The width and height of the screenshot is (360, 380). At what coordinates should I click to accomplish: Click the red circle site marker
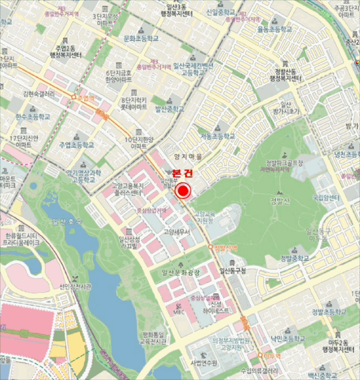(184, 191)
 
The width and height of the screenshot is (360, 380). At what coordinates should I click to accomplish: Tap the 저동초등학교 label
(218, 136)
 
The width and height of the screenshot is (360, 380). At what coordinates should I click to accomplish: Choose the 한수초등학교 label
(32, 117)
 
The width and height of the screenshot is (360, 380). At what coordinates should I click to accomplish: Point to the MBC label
(180, 312)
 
